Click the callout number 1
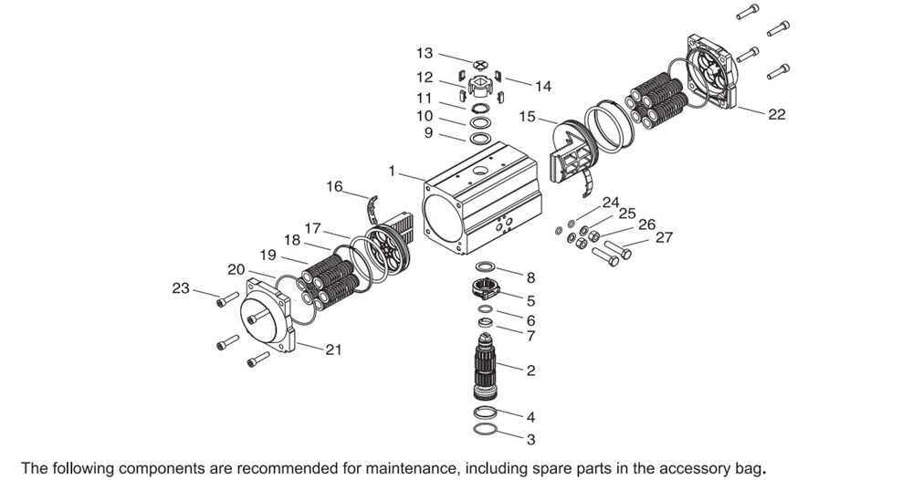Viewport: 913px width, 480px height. pos(392,171)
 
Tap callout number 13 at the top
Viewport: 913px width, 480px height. pos(425,54)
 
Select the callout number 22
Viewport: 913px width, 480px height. pos(776,114)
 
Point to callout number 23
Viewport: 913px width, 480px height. pos(181,288)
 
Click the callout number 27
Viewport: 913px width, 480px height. pos(664,237)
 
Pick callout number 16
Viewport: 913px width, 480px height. pos(334,186)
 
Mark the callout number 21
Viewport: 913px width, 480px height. pos(334,350)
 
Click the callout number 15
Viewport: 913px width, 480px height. pos(528,117)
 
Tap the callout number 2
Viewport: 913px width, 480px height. pos(530,370)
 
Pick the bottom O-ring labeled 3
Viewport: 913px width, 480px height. pos(485,429)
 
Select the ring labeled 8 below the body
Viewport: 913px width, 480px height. pos(486,266)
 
